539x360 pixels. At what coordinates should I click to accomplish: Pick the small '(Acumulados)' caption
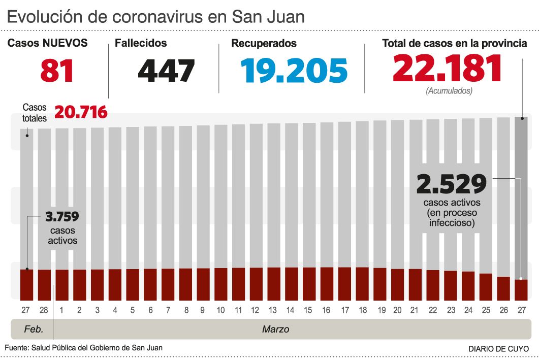click(449, 91)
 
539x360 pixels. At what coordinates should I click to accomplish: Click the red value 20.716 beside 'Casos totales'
click(81, 112)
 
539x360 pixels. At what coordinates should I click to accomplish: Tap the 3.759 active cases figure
click(62, 217)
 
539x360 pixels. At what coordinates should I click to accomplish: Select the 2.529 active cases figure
click(451, 184)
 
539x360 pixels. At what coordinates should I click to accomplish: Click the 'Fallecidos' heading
click(141, 43)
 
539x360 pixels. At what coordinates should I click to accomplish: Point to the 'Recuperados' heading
click(264, 44)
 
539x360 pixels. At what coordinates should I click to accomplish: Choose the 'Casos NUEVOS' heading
click(47, 43)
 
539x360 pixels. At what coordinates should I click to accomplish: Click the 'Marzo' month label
click(276, 329)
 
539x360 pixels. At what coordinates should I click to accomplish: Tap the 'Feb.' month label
click(34, 329)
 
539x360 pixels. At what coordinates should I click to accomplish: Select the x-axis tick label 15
click(309, 310)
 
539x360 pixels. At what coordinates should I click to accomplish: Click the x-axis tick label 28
click(44, 310)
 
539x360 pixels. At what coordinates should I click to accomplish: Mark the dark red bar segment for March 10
click(220, 284)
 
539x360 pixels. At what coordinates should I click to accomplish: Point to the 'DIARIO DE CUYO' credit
click(498, 349)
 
